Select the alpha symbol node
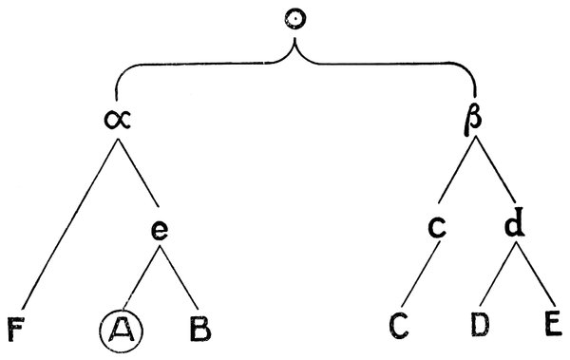(117, 122)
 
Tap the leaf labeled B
(200, 332)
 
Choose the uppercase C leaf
(399, 332)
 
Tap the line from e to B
(180, 281)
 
